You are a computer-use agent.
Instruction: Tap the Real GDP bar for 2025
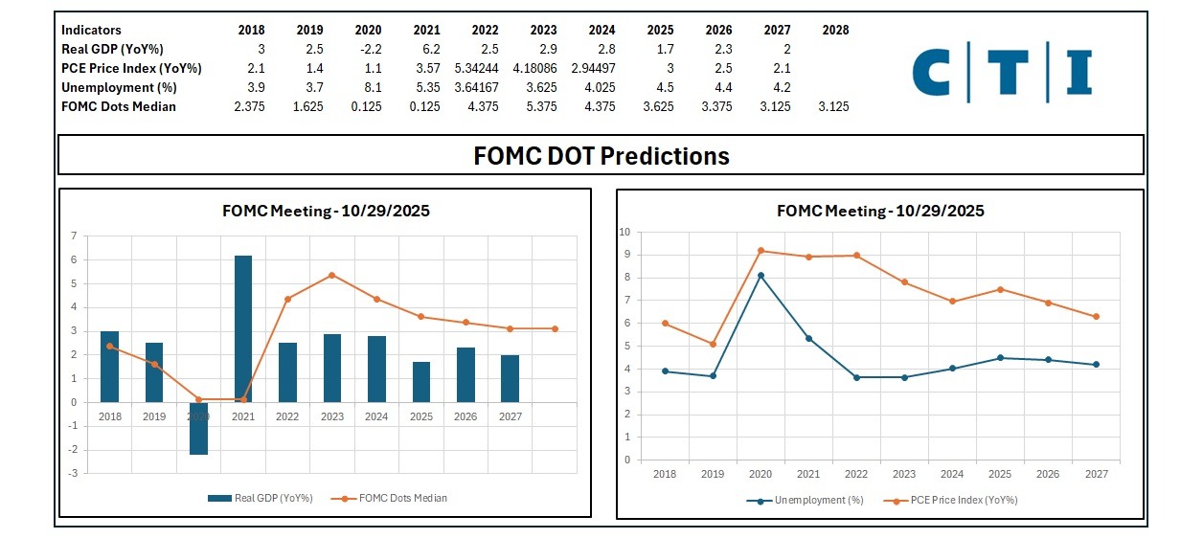tap(421, 382)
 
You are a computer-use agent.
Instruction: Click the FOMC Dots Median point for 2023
tap(331, 275)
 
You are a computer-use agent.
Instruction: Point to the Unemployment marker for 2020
tap(760, 276)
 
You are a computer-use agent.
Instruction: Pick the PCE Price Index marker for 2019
tap(712, 344)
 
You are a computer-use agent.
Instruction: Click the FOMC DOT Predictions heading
tap(601, 156)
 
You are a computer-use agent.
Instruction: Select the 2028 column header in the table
tap(835, 31)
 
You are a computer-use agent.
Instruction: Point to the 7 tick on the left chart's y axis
tap(74, 236)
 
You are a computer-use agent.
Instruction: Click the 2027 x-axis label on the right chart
tap(1096, 474)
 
